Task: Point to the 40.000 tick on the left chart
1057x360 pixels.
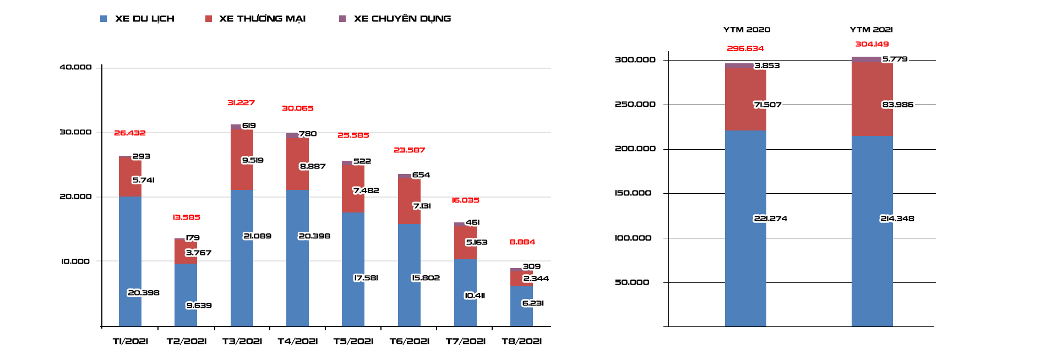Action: (76, 67)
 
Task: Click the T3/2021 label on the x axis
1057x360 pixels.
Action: (242, 341)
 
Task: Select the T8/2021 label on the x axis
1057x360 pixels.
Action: (522, 341)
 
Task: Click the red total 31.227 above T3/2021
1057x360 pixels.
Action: (241, 103)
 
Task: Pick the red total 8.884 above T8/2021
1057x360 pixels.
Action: (522, 242)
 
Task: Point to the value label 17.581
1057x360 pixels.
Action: (366, 278)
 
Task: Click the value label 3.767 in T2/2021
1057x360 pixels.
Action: (198, 253)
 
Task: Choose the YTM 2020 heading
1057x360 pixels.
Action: (747, 30)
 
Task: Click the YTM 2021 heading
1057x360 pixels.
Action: (871, 30)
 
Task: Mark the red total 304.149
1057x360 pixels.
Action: (872, 45)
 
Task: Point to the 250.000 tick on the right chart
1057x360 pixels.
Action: (635, 105)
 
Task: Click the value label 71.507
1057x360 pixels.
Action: (767, 105)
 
